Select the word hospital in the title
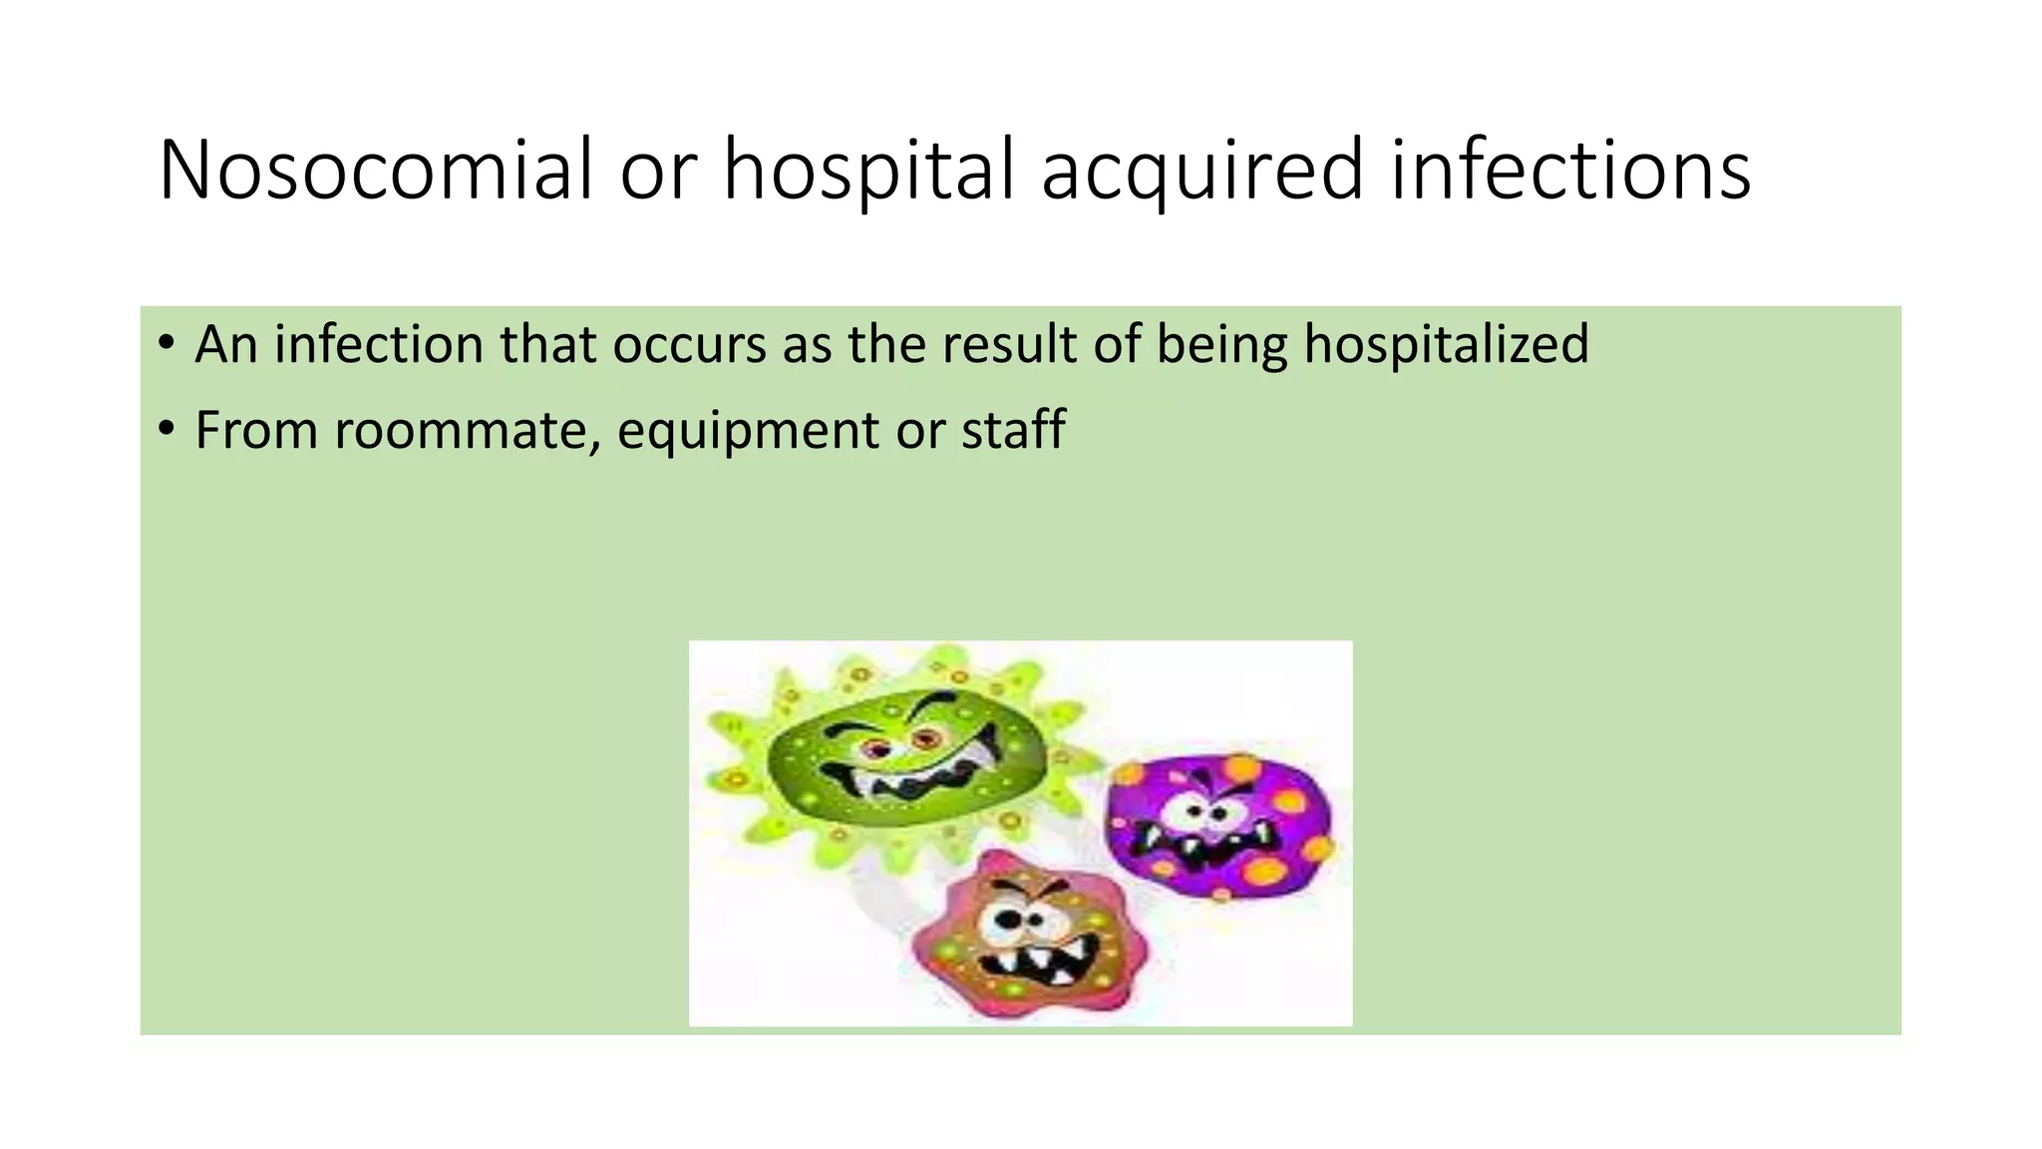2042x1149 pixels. pyautogui.click(x=867, y=170)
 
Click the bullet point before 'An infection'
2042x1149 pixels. pyautogui.click(x=166, y=345)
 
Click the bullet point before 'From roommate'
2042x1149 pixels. pyautogui.click(x=166, y=431)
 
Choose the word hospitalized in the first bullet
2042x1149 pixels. pyautogui.click(x=1446, y=345)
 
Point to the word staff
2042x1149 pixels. pyautogui.click(x=1013, y=430)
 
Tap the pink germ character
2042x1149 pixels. pyautogui.click(x=1027, y=938)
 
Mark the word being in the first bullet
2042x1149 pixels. pyautogui.click(x=1221, y=345)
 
